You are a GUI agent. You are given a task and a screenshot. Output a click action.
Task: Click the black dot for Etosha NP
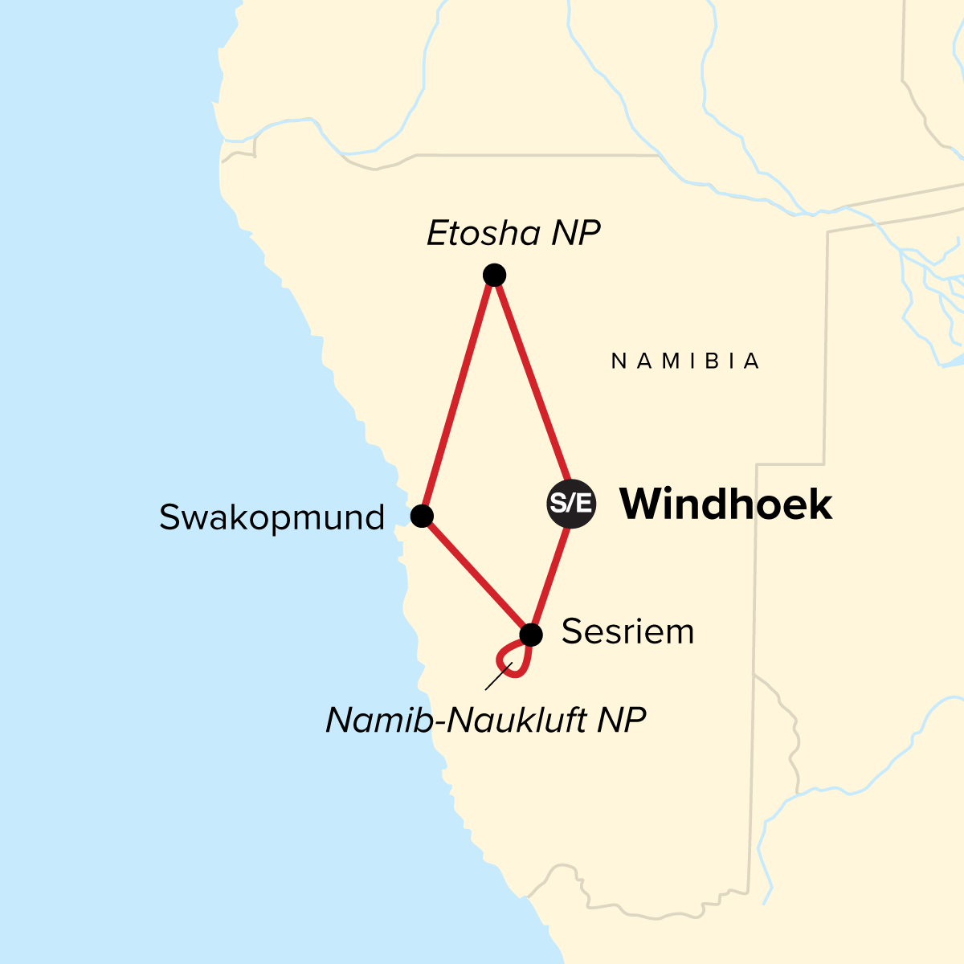click(x=494, y=276)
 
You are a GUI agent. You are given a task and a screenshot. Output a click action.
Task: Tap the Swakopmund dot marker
click(x=422, y=516)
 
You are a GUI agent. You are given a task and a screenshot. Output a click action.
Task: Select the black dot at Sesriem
click(x=530, y=635)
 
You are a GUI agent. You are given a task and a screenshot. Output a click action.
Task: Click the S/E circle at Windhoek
click(x=571, y=504)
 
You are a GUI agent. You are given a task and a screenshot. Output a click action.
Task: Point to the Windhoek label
click(x=725, y=504)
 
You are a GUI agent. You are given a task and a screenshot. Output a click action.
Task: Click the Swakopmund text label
click(x=272, y=517)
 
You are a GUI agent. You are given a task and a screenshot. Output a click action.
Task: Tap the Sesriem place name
click(x=627, y=632)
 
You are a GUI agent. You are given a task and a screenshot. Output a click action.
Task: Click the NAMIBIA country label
click(x=685, y=361)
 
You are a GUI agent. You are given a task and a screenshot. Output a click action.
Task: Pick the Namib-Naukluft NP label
click(x=485, y=721)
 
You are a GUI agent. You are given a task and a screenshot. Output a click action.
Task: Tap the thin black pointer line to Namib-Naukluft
click(x=498, y=676)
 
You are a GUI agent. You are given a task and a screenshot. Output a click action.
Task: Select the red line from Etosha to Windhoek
click(x=531, y=378)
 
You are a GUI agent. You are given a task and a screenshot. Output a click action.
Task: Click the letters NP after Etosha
click(x=576, y=234)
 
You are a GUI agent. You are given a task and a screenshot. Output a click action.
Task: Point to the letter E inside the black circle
click(x=584, y=504)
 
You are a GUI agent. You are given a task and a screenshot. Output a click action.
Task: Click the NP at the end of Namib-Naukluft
click(x=622, y=721)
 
